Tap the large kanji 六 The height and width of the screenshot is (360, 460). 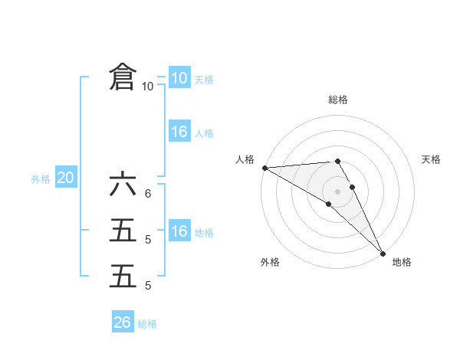pyautogui.click(x=123, y=185)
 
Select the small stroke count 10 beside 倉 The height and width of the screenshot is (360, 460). pyautogui.click(x=147, y=87)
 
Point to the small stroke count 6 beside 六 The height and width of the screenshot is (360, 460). pyautogui.click(x=147, y=193)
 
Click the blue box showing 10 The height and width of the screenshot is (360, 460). pyautogui.click(x=179, y=78)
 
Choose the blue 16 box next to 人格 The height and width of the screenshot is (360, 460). pyautogui.click(x=179, y=132)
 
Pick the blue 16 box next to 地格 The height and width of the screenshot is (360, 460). pyautogui.click(x=179, y=231)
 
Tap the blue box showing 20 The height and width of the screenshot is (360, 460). pyautogui.click(x=65, y=178)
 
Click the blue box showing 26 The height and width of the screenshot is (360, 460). pyautogui.click(x=122, y=322)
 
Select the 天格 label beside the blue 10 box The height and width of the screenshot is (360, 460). pyautogui.click(x=204, y=80)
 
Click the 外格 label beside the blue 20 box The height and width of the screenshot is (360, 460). pyautogui.click(x=41, y=179)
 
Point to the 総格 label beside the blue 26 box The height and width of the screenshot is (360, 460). pyautogui.click(x=147, y=324)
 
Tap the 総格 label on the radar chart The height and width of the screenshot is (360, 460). pyautogui.click(x=338, y=100)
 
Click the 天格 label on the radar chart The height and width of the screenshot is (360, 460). pyautogui.click(x=432, y=159)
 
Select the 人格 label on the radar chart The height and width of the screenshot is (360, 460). pyautogui.click(x=245, y=159)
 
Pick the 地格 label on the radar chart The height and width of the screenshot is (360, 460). pyautogui.click(x=402, y=262)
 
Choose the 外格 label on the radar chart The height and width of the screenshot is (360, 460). pyautogui.click(x=270, y=262)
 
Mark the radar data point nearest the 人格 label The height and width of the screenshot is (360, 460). pyautogui.click(x=264, y=167)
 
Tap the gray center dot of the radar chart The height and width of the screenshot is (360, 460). pyautogui.click(x=337, y=191)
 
